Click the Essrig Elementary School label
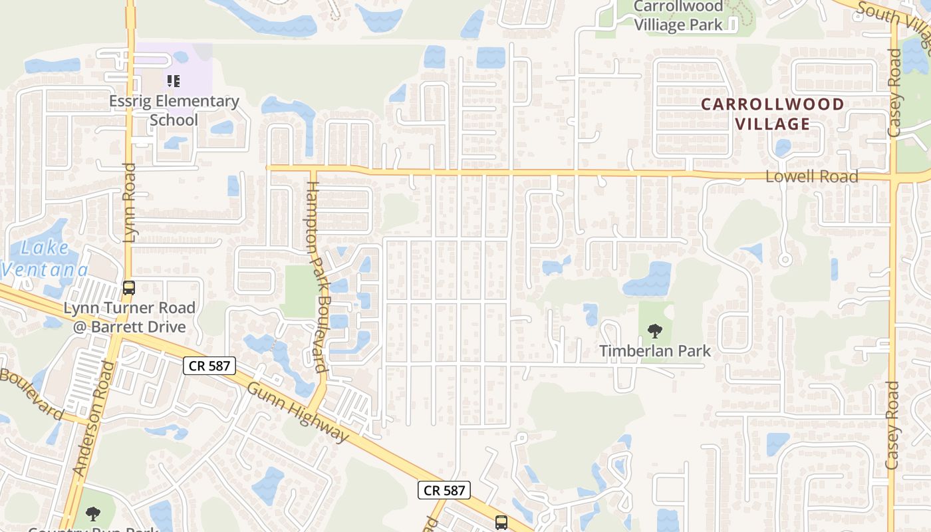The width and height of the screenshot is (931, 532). pyautogui.click(x=175, y=110)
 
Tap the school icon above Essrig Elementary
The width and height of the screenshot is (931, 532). pyautogui.click(x=173, y=81)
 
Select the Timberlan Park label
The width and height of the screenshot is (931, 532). pyautogui.click(x=655, y=350)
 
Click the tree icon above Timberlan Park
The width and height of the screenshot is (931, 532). pyautogui.click(x=655, y=331)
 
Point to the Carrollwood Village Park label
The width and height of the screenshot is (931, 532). pyautogui.click(x=678, y=16)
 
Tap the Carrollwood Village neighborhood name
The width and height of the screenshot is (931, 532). pyautogui.click(x=772, y=114)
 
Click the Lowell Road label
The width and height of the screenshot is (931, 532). pyautogui.click(x=811, y=176)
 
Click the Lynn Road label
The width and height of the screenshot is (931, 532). pyautogui.click(x=130, y=202)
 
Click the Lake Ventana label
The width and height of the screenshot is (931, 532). pyautogui.click(x=44, y=259)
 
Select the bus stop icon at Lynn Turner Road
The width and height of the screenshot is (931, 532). pyautogui.click(x=129, y=288)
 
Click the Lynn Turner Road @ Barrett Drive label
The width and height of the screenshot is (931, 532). pyautogui.click(x=129, y=317)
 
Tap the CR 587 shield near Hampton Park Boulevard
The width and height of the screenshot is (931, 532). pyautogui.click(x=209, y=365)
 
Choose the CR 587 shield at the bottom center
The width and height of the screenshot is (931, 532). pyautogui.click(x=444, y=490)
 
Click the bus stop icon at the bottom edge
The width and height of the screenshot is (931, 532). pyautogui.click(x=501, y=523)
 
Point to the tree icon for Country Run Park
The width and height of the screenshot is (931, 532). pyautogui.click(x=93, y=513)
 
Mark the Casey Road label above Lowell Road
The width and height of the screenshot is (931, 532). pyautogui.click(x=894, y=103)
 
